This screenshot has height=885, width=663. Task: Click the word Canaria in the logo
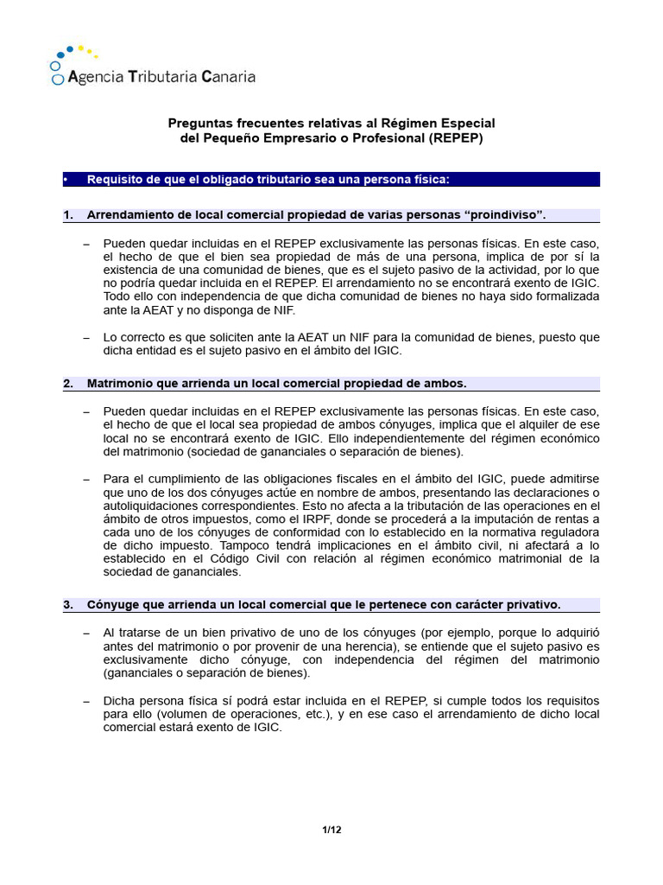tap(228, 77)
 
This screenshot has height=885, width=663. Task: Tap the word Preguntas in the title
tap(198, 124)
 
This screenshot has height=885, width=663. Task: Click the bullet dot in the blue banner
tap(66, 180)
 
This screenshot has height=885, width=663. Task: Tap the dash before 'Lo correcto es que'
tap(86, 338)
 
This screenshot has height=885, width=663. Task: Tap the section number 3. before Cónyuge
tap(67, 605)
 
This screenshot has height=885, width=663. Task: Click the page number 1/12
tap(331, 831)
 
